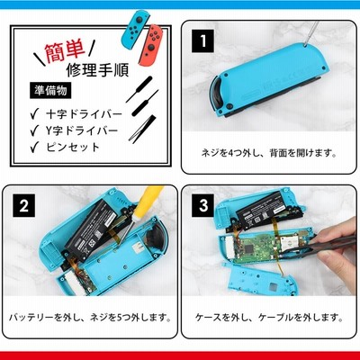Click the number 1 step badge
[203, 41]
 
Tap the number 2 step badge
[23, 205]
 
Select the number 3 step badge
[203, 205]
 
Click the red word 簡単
[65, 51]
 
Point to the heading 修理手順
[97, 70]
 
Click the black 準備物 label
[50, 90]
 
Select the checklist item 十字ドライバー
[84, 114]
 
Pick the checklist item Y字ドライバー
[82, 130]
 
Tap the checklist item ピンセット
[73, 147]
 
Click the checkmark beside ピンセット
[34, 147]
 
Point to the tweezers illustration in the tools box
[143, 128]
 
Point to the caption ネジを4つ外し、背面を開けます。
[269, 153]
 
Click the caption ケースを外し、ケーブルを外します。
[269, 318]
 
